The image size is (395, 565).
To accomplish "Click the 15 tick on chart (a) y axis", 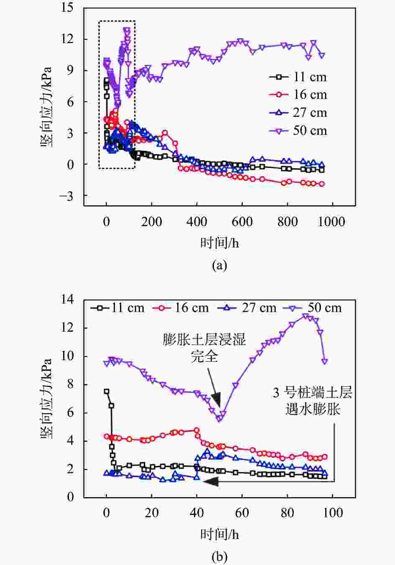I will click(66, 8).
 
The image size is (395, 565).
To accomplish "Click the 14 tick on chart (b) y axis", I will click(66, 299).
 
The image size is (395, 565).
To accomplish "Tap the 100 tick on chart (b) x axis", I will click(333, 513).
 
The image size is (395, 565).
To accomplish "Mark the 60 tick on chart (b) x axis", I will click(242, 513).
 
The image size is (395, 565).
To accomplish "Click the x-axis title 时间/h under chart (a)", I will click(219, 243).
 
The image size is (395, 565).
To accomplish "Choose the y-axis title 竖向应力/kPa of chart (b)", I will click(46, 398).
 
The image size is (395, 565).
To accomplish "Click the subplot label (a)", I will click(219, 265).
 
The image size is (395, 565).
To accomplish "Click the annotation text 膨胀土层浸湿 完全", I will click(204, 348).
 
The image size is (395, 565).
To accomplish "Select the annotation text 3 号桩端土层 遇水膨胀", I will click(313, 401).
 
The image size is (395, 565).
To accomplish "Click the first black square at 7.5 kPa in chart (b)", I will click(107, 391).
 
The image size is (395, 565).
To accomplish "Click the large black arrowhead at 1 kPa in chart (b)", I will click(212, 482).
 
